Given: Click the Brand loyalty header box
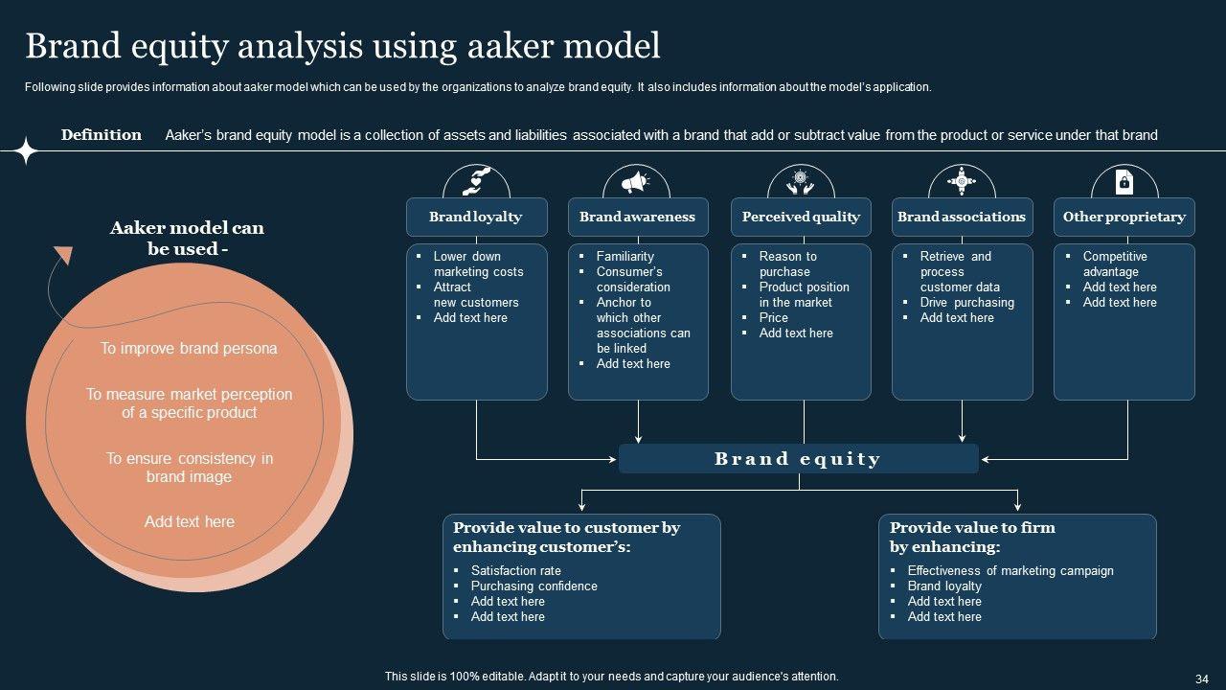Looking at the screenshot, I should click(476, 217).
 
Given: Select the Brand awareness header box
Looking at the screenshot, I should click(638, 217).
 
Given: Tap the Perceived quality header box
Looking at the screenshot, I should click(801, 217).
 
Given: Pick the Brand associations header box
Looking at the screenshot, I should click(962, 217).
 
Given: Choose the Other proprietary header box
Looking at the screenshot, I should click(1124, 217).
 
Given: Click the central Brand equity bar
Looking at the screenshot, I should click(798, 459).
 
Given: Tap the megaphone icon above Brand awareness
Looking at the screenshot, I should click(637, 181).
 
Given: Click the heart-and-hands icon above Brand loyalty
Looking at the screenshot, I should click(476, 181).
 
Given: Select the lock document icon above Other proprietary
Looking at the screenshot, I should click(1124, 181).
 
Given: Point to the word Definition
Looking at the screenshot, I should click(102, 135).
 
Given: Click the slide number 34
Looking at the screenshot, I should click(1202, 677).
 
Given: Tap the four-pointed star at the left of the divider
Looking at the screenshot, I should click(26, 150).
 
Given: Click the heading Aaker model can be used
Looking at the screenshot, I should click(188, 239).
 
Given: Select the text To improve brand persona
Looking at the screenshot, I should click(189, 349).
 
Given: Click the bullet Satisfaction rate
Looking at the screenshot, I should click(515, 571).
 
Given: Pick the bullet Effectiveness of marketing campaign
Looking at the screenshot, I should click(1010, 571).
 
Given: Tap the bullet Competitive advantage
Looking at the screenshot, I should click(1115, 264).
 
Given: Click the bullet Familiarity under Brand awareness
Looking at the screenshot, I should click(624, 257).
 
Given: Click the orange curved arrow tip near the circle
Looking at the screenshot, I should click(63, 255).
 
